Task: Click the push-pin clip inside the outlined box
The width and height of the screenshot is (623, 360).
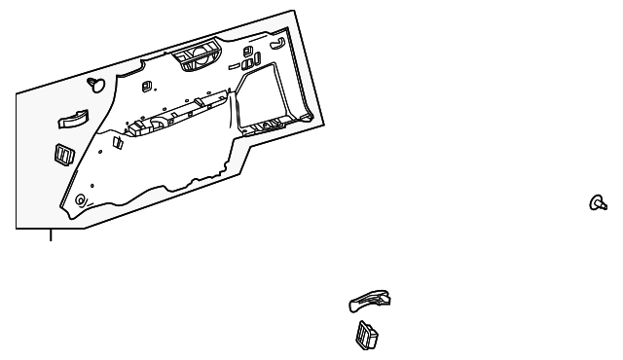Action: (x=96, y=84)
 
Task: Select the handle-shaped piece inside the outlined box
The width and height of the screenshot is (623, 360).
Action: (x=72, y=121)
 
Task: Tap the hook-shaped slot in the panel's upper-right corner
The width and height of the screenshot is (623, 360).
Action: (x=276, y=43)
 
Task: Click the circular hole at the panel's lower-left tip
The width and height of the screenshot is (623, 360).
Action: (x=80, y=201)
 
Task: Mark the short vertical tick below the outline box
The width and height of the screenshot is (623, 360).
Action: (x=52, y=234)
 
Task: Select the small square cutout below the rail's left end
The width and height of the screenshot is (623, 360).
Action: (x=117, y=143)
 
